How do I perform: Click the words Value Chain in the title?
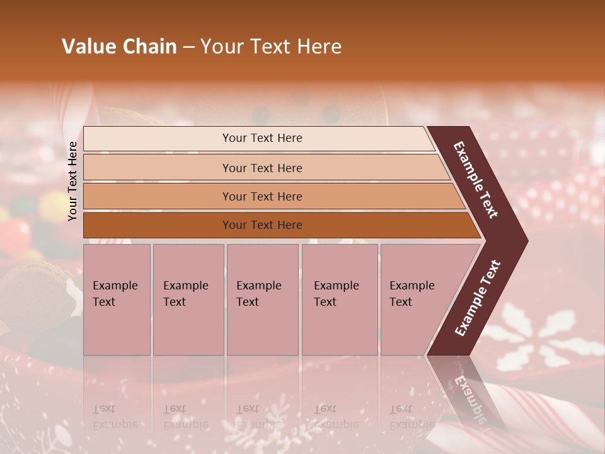(119, 47)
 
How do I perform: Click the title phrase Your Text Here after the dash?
(271, 47)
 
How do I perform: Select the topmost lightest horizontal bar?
(158, 139)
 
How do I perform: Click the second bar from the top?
(158, 168)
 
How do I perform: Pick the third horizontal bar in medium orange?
(158, 197)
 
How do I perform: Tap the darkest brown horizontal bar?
(158, 225)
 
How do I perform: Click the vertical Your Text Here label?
(72, 181)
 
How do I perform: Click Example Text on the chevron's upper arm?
(476, 180)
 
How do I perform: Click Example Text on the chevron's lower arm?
(478, 298)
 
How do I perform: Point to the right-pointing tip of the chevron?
(523, 241)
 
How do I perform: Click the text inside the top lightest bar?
(262, 138)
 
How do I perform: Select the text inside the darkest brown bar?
(262, 225)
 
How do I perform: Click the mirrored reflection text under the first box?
(115, 417)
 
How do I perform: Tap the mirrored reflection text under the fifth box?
(411, 417)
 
